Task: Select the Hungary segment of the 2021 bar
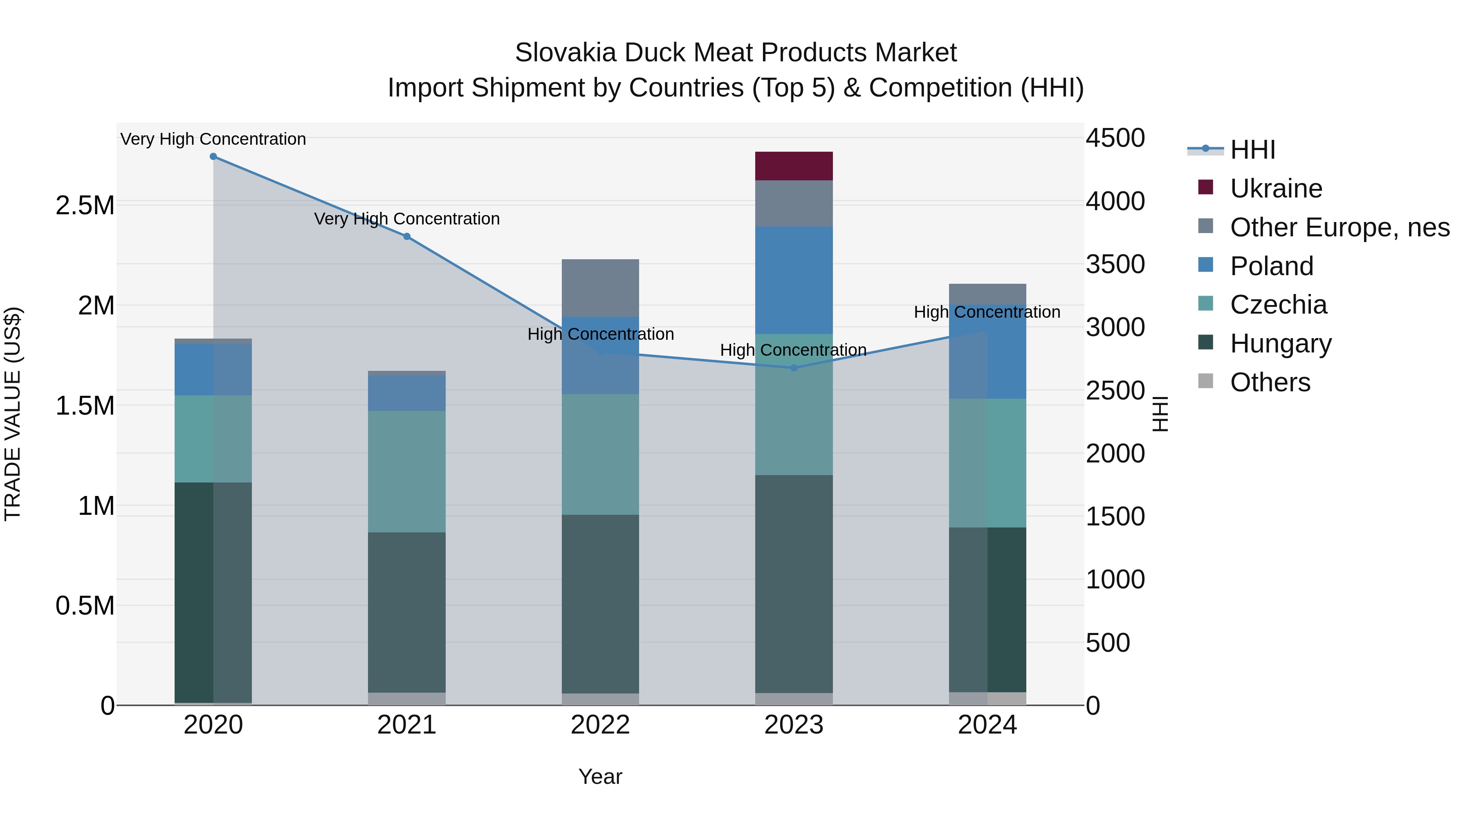coord(406,612)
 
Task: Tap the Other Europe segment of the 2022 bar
coord(600,287)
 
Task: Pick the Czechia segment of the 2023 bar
coord(794,404)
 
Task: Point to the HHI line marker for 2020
coord(213,157)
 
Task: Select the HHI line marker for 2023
coord(794,368)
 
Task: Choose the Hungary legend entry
coord(1281,343)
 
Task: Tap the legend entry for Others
coord(1270,382)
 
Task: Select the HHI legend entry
coord(1252,150)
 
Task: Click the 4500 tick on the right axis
coord(1115,138)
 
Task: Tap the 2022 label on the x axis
coord(600,725)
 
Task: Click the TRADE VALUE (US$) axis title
coord(13,414)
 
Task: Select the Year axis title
coord(600,776)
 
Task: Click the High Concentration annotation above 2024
coord(987,312)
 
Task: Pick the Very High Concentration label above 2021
coord(407,219)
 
